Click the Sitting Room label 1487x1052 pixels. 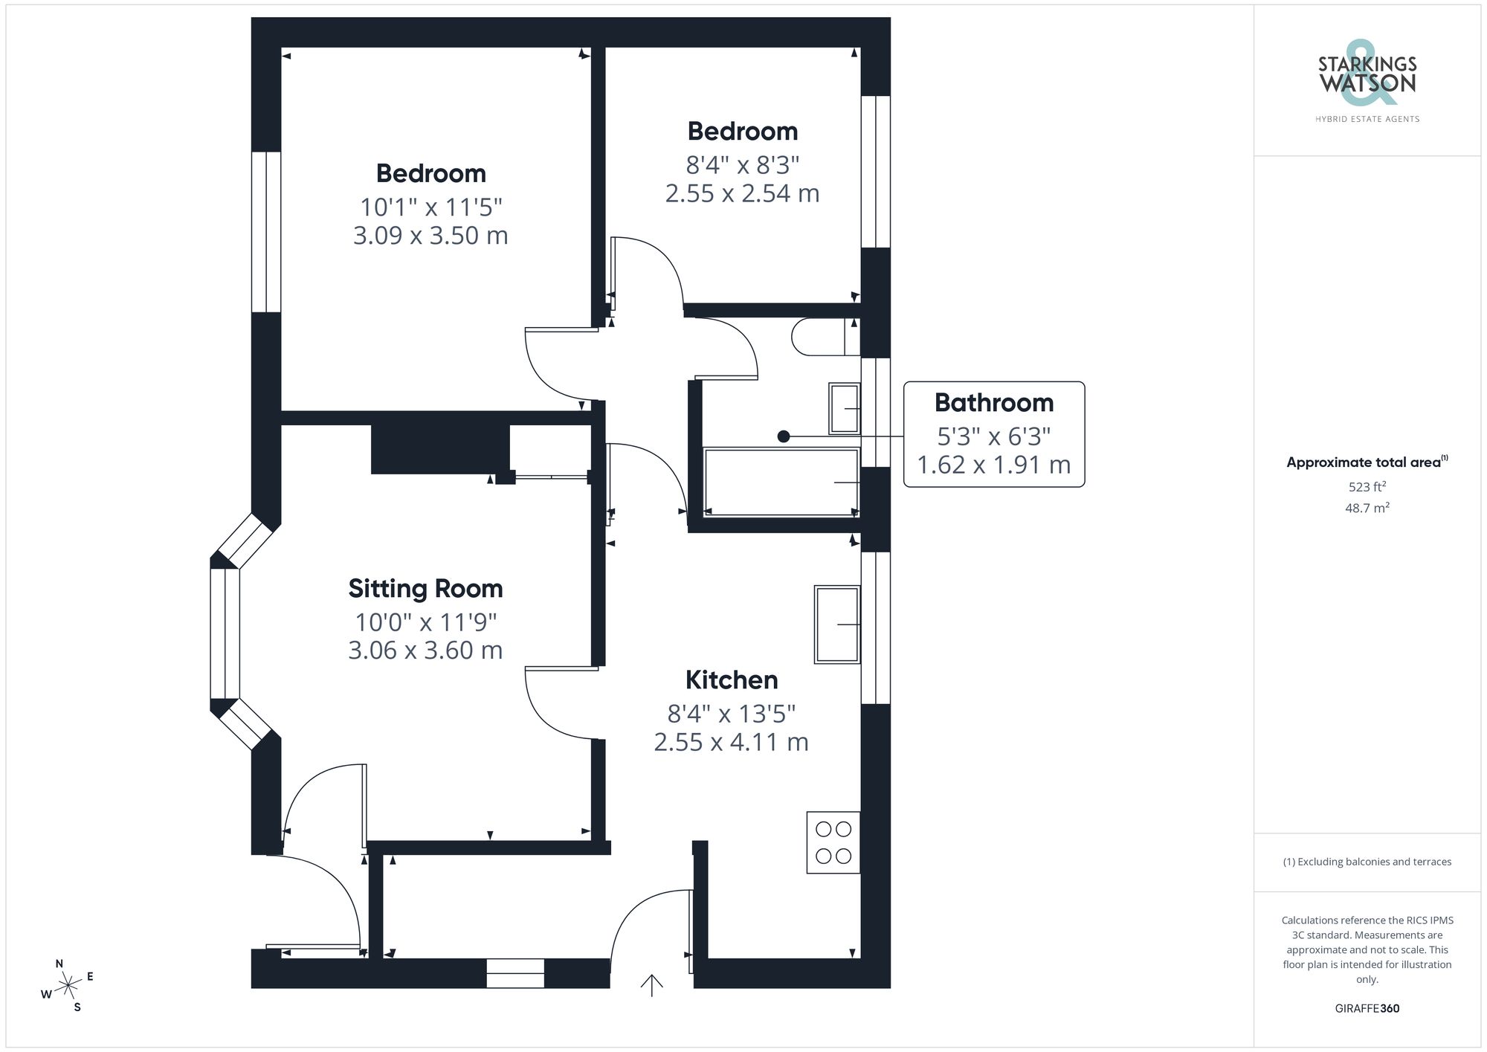coord(425,589)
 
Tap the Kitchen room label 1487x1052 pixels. coord(732,680)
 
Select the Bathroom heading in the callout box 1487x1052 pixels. coord(994,403)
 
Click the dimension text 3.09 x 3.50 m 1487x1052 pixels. coord(430,236)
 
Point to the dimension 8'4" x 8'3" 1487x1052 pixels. coord(742,164)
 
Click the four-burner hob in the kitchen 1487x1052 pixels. coord(833,842)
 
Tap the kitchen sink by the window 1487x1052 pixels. coord(837,625)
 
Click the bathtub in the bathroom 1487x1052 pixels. coord(781,482)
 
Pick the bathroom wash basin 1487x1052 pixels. coord(844,408)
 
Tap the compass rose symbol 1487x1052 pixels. coord(68,986)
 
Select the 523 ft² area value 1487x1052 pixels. coord(1367,487)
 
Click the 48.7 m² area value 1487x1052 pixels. coord(1367,509)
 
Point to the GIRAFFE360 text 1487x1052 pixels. coord(1367,1009)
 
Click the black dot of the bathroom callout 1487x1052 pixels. coord(783,436)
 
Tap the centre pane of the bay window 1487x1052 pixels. coord(225,633)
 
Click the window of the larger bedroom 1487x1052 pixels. coord(266,232)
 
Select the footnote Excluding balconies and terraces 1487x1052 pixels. coord(1367,862)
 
